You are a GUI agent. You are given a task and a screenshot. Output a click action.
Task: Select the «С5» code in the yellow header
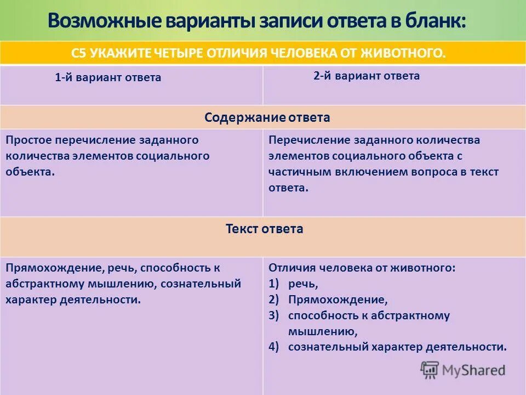click(x=80, y=53)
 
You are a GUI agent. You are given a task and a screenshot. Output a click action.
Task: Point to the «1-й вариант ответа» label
click(x=108, y=77)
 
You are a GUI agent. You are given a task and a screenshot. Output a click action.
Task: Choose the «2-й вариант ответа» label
click(x=367, y=76)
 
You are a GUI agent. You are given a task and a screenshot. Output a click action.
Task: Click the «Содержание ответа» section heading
click(x=267, y=117)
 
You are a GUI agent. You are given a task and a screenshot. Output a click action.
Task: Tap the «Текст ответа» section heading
click(x=264, y=229)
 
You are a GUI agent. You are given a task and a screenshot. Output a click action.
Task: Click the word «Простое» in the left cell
click(x=27, y=140)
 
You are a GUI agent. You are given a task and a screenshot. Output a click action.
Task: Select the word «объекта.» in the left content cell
click(x=30, y=171)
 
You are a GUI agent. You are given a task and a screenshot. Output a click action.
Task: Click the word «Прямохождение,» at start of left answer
click(x=45, y=268)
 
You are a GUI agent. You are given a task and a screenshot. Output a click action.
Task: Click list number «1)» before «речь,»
click(x=274, y=284)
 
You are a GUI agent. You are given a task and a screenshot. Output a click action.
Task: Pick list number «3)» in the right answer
click(x=274, y=315)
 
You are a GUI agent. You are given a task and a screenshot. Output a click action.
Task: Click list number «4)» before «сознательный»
click(x=274, y=346)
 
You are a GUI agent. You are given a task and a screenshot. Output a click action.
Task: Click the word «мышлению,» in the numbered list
click(x=323, y=331)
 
